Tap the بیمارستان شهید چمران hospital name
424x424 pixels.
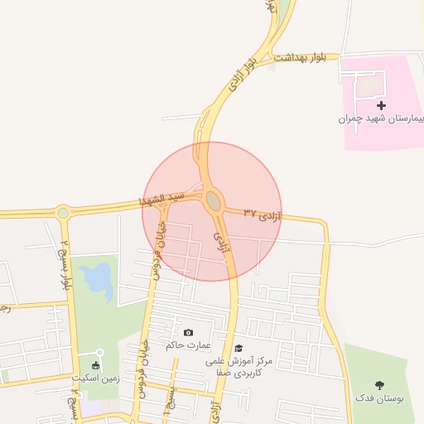(x=381, y=119)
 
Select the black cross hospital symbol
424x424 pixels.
(x=381, y=105)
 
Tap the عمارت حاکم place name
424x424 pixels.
(x=188, y=345)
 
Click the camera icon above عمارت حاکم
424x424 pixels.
(x=188, y=332)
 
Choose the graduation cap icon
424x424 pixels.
(x=238, y=349)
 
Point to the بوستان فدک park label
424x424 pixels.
(x=380, y=398)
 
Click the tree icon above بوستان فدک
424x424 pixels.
(x=380, y=384)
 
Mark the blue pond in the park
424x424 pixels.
(x=99, y=279)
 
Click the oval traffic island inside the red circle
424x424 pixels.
(x=214, y=200)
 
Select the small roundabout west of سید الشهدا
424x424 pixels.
(x=63, y=212)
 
